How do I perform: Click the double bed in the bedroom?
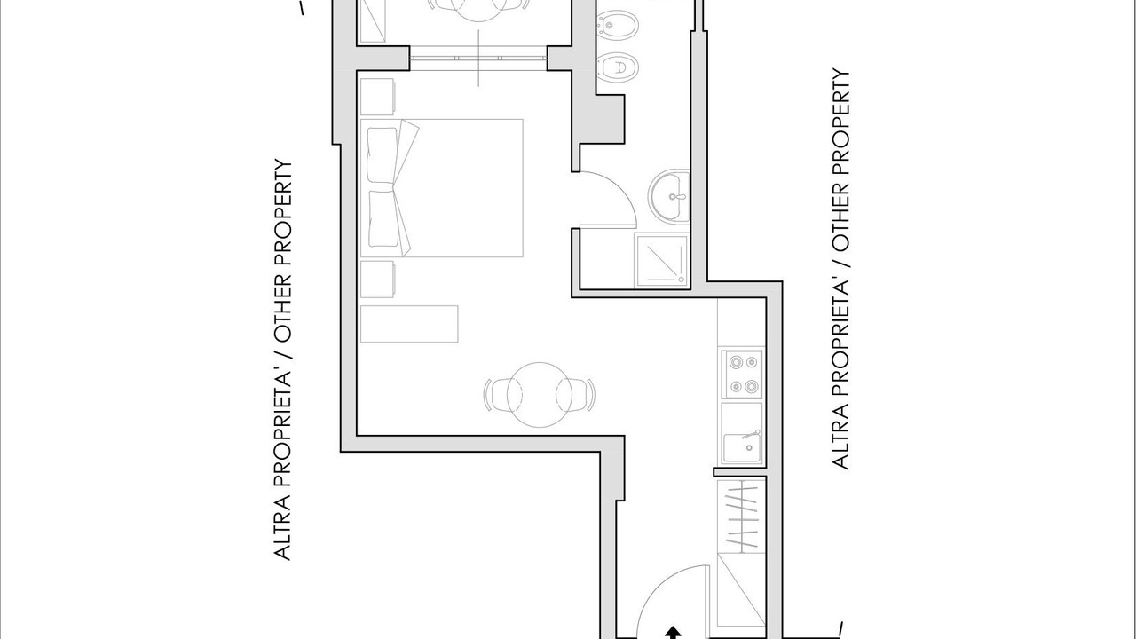(441, 188)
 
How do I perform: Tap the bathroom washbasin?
(669, 196)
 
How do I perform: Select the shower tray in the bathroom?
(662, 260)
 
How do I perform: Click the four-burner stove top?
(742, 375)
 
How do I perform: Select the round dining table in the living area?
(540, 395)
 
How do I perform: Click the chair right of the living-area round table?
(576, 395)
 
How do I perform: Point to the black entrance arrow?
(673, 632)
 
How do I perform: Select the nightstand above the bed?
(377, 97)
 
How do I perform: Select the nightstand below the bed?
(377, 279)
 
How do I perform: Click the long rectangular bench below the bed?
(409, 324)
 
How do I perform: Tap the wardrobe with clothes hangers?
(741, 524)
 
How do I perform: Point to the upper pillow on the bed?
(383, 154)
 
